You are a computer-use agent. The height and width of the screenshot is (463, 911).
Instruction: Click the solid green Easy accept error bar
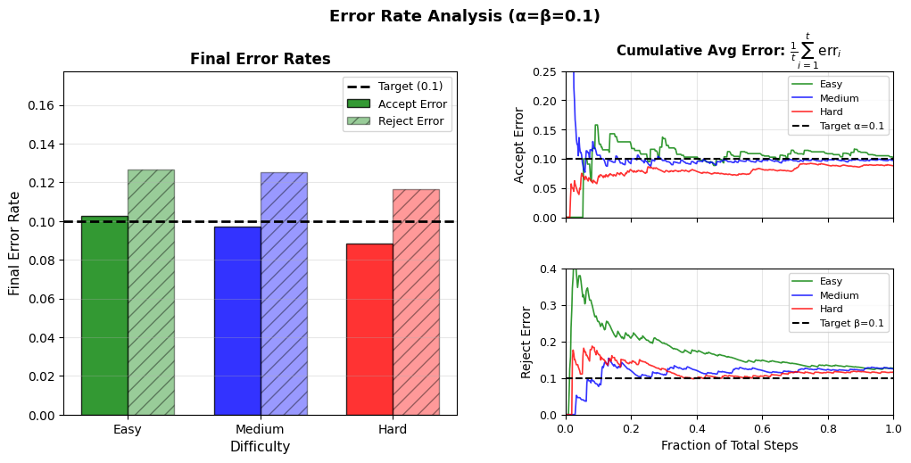tap(104, 316)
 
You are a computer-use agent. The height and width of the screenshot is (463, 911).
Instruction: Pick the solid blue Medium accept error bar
tap(237, 321)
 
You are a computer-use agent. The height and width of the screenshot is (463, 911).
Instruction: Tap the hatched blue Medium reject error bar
tap(284, 294)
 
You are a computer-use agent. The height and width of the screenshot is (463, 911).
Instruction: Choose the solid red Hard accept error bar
tap(369, 329)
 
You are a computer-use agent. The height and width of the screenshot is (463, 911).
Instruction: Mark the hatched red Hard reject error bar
tap(416, 302)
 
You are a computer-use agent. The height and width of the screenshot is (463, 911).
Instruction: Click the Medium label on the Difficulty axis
tap(260, 429)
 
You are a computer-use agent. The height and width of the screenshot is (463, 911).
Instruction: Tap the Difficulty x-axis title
tap(260, 447)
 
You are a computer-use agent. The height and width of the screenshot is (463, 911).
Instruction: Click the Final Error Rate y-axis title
tap(15, 244)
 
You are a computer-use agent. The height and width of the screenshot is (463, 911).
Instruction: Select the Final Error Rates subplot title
tap(260, 60)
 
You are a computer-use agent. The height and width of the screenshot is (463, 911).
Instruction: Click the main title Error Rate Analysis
tap(464, 17)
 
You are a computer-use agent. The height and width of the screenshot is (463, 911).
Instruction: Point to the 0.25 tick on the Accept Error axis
tap(545, 72)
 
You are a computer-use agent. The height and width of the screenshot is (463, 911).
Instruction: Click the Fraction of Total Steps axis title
tap(729, 445)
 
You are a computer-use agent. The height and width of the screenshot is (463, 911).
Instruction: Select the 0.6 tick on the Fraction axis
tap(762, 428)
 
